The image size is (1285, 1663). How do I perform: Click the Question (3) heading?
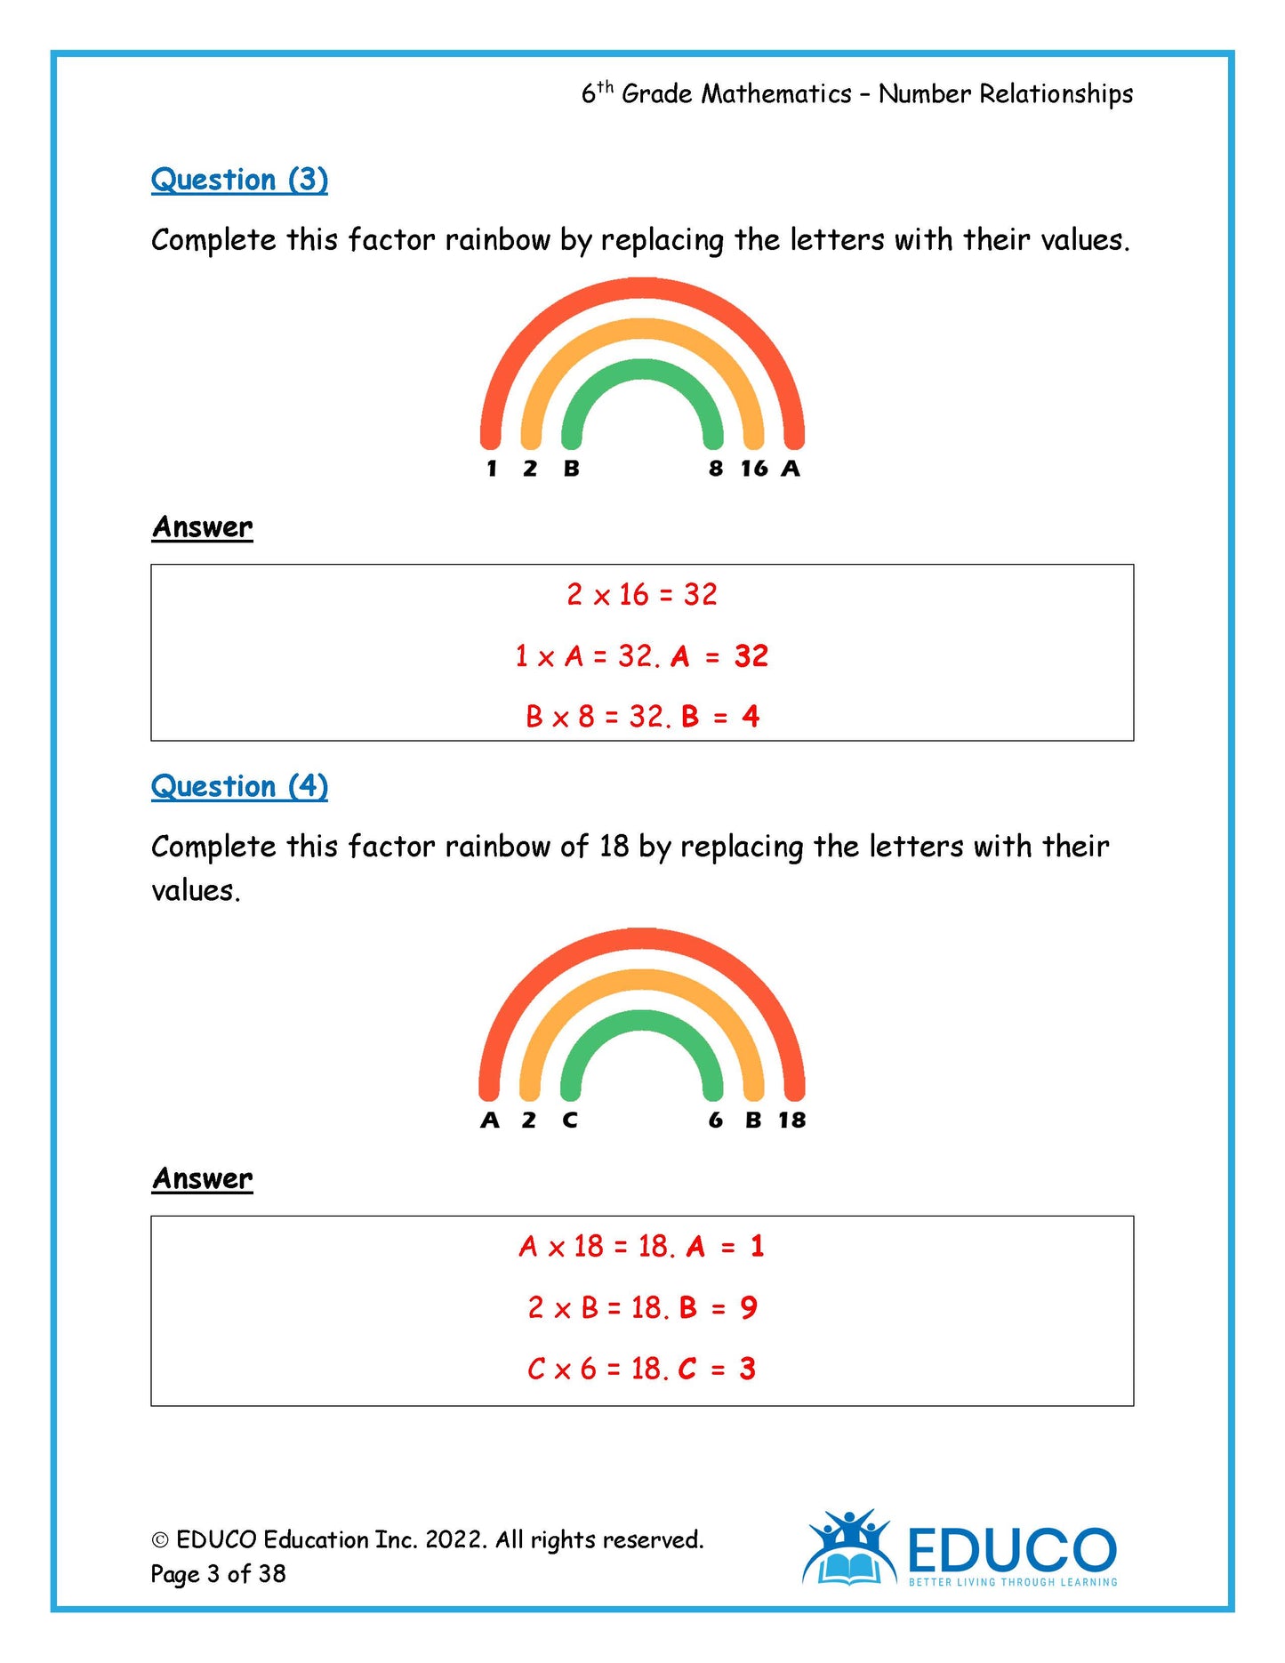(239, 180)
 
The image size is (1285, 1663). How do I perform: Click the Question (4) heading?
(239, 786)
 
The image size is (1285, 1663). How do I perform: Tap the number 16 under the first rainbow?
(754, 469)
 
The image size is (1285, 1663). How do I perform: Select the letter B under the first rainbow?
(571, 469)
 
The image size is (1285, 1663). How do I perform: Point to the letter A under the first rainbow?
(791, 469)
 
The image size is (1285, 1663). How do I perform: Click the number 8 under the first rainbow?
(716, 469)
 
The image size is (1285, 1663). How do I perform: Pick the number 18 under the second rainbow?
(791, 1121)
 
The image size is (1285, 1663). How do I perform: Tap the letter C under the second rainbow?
(570, 1121)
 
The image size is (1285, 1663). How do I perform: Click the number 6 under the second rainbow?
(716, 1121)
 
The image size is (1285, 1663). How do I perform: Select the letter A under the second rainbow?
(490, 1121)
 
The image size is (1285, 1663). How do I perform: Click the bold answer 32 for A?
(751, 656)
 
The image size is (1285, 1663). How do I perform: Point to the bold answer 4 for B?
(751, 717)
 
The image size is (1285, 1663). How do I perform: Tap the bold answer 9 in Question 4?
(749, 1307)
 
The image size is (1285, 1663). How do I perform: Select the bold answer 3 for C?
(747, 1369)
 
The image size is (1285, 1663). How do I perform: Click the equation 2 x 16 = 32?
(642, 594)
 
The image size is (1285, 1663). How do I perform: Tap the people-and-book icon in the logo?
(849, 1548)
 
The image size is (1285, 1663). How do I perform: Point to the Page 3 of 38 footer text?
(219, 1574)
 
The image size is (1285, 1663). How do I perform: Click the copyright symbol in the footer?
(160, 1540)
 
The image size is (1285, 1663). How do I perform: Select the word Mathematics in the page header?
(776, 94)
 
